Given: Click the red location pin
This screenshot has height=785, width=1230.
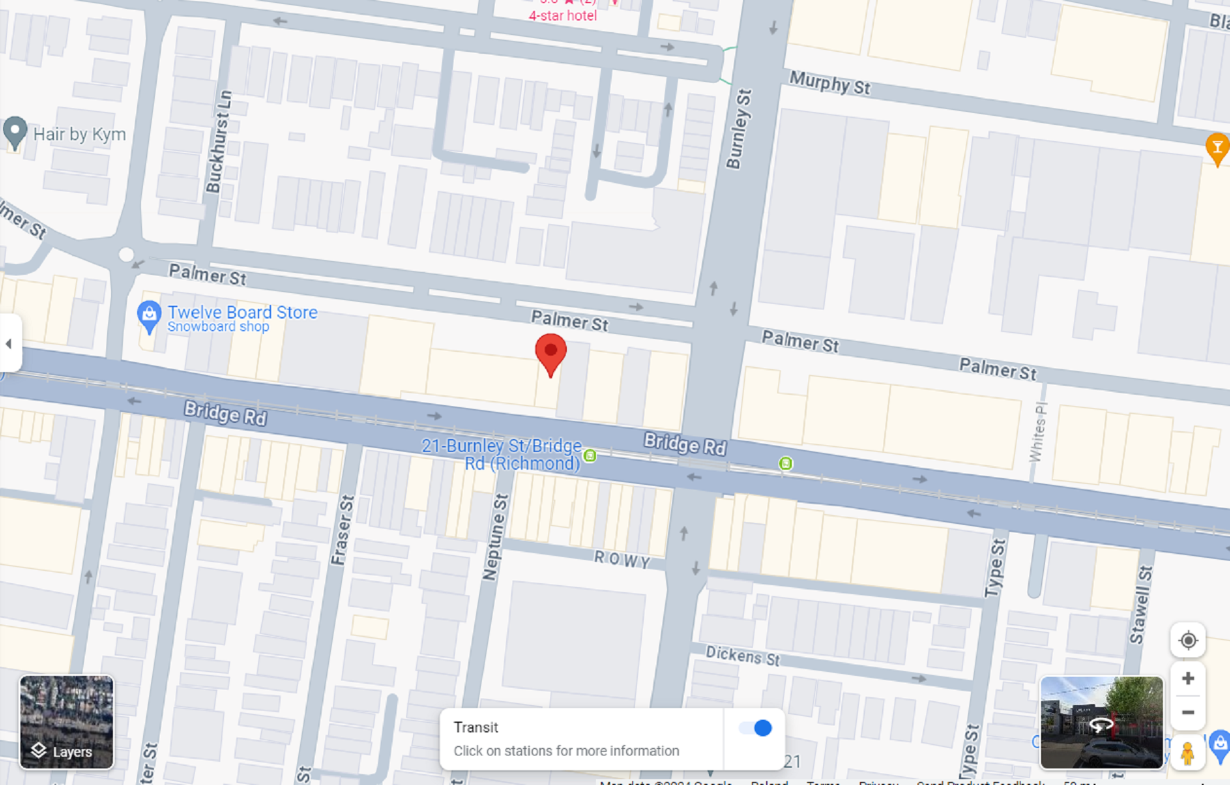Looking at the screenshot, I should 550,352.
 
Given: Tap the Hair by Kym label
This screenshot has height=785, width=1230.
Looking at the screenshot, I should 79,135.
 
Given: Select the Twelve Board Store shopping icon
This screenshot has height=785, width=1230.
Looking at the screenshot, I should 149,315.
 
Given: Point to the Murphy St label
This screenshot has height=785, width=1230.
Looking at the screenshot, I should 830,83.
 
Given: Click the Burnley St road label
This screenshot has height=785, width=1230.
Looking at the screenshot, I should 739,129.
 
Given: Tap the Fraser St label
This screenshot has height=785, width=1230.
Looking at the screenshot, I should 343,530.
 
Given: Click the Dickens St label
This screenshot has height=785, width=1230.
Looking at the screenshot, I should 742,656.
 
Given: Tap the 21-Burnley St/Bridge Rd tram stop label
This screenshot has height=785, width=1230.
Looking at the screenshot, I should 502,454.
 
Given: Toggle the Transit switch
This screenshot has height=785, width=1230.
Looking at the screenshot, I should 755,728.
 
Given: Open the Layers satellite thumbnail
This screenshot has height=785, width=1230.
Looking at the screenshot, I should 67,722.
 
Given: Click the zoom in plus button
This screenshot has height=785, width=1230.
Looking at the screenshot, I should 1188,679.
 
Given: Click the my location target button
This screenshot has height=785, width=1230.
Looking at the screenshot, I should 1188,640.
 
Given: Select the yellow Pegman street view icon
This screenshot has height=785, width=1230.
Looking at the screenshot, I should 1187,753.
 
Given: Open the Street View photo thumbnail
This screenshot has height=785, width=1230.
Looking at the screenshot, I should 1101,722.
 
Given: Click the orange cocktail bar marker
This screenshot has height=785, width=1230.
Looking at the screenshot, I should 1217,148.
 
